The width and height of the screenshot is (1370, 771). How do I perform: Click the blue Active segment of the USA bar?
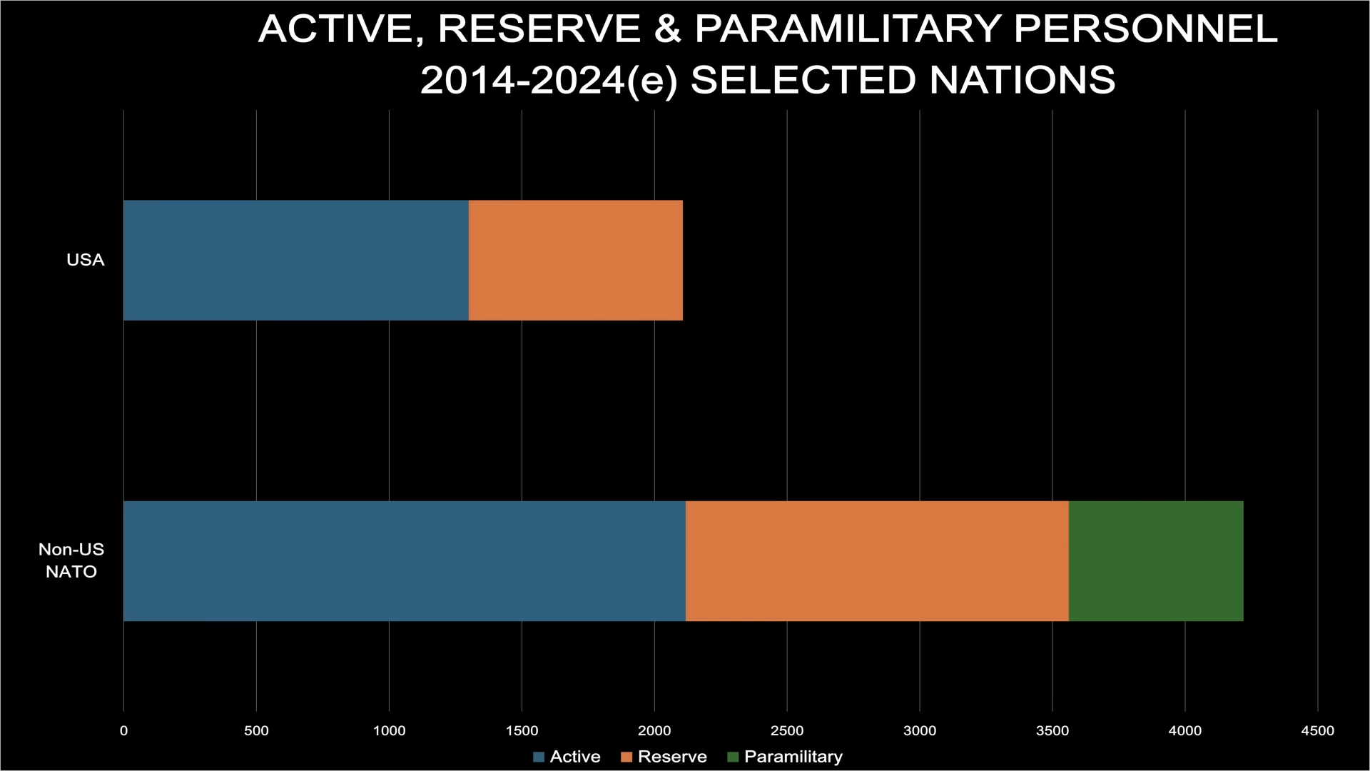(296, 260)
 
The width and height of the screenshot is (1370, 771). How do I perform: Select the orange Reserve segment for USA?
(576, 260)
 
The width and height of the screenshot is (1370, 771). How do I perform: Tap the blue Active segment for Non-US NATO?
(405, 561)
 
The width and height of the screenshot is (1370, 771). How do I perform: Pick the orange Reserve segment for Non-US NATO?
(877, 561)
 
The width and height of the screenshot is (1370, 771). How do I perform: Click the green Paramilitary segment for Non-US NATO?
(1156, 561)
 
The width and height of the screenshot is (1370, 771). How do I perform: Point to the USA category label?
(86, 260)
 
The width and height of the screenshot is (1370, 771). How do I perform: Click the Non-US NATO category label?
(71, 560)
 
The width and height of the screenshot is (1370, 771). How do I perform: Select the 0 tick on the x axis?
(124, 730)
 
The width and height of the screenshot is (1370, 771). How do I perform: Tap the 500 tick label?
(256, 730)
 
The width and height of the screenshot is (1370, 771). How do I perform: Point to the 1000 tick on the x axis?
(389, 730)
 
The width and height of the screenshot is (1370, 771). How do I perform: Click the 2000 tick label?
(654, 730)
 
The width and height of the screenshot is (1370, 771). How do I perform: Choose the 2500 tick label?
(787, 730)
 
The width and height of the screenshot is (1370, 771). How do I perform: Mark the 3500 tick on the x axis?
(1052, 730)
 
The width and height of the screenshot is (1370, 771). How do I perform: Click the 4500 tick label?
(1317, 730)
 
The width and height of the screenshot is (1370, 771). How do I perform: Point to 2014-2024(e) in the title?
(549, 80)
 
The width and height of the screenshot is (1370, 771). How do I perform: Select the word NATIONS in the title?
(1023, 80)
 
